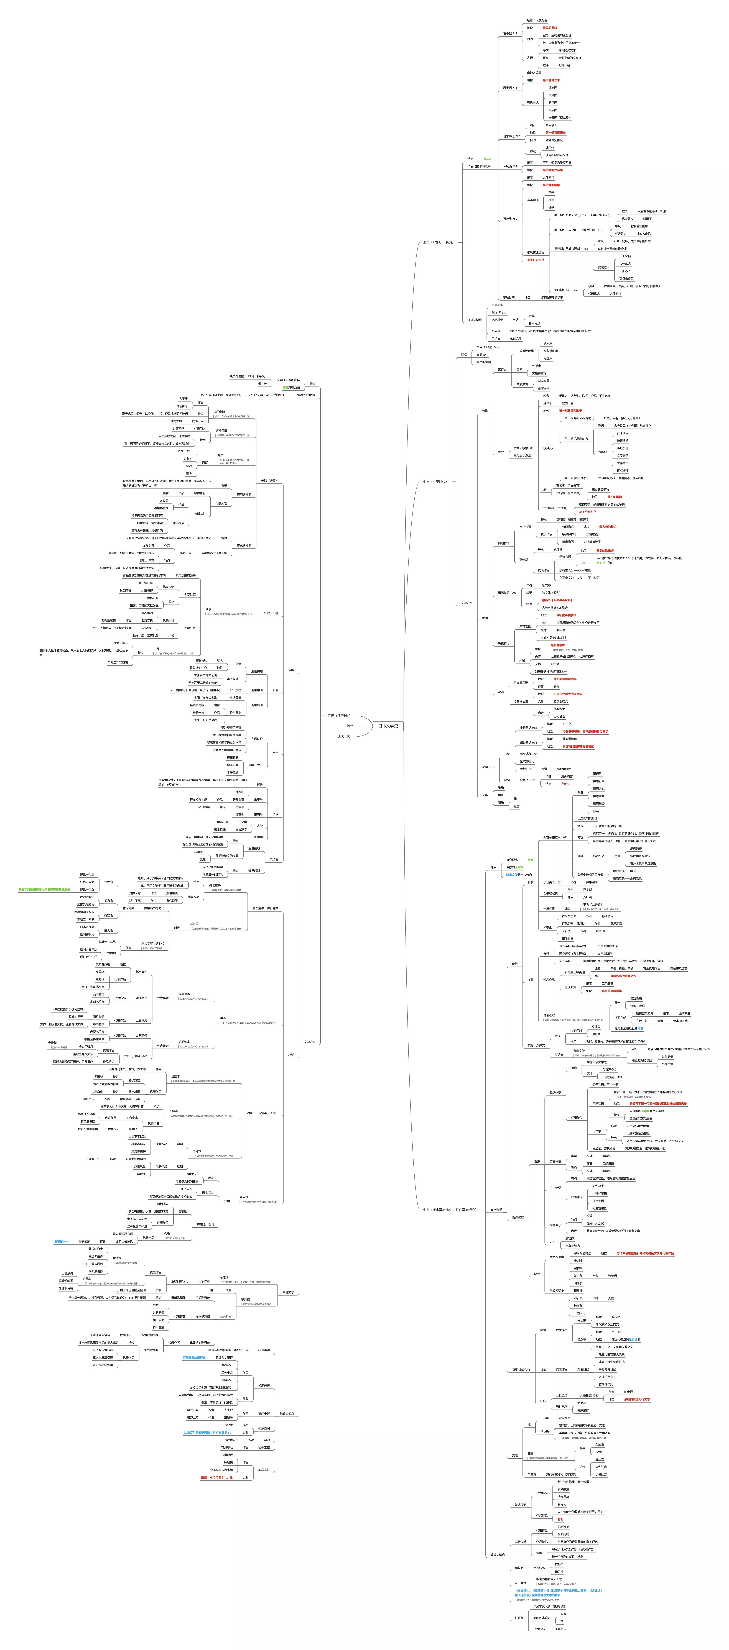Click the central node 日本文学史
pyautogui.click(x=388, y=726)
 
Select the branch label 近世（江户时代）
pyautogui.click(x=340, y=716)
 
